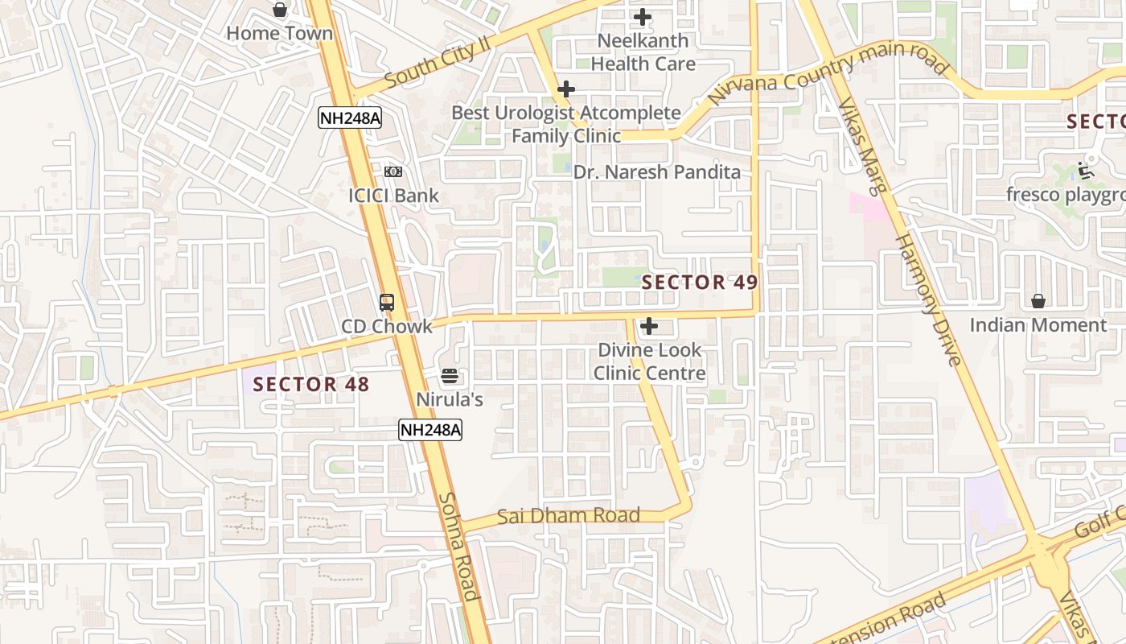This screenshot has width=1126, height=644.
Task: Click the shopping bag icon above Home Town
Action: (279, 10)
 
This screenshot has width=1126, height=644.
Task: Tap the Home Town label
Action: (279, 34)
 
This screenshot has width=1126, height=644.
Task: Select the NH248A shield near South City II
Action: (349, 118)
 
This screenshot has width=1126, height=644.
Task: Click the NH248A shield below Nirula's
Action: (430, 430)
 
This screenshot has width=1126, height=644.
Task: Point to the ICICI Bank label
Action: (393, 196)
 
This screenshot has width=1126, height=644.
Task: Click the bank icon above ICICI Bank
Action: (392, 171)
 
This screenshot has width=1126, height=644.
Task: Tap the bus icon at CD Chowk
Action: (387, 303)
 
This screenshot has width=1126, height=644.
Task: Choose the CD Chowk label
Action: (387, 327)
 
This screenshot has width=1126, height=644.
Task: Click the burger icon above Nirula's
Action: (449, 375)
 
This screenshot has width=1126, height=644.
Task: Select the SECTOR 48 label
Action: (311, 385)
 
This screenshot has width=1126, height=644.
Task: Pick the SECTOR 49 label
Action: (700, 283)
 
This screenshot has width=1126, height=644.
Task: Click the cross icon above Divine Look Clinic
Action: (649, 326)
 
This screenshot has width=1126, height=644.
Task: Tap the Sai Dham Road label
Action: (568, 516)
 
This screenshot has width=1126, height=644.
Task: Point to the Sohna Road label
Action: (458, 546)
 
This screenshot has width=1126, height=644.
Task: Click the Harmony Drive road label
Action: (929, 299)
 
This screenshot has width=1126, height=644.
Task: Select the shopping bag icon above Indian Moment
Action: (1038, 301)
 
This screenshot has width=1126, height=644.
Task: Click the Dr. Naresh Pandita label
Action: (656, 172)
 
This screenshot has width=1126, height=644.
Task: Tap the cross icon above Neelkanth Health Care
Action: (643, 16)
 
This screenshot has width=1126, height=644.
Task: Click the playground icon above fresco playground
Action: (1086, 171)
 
